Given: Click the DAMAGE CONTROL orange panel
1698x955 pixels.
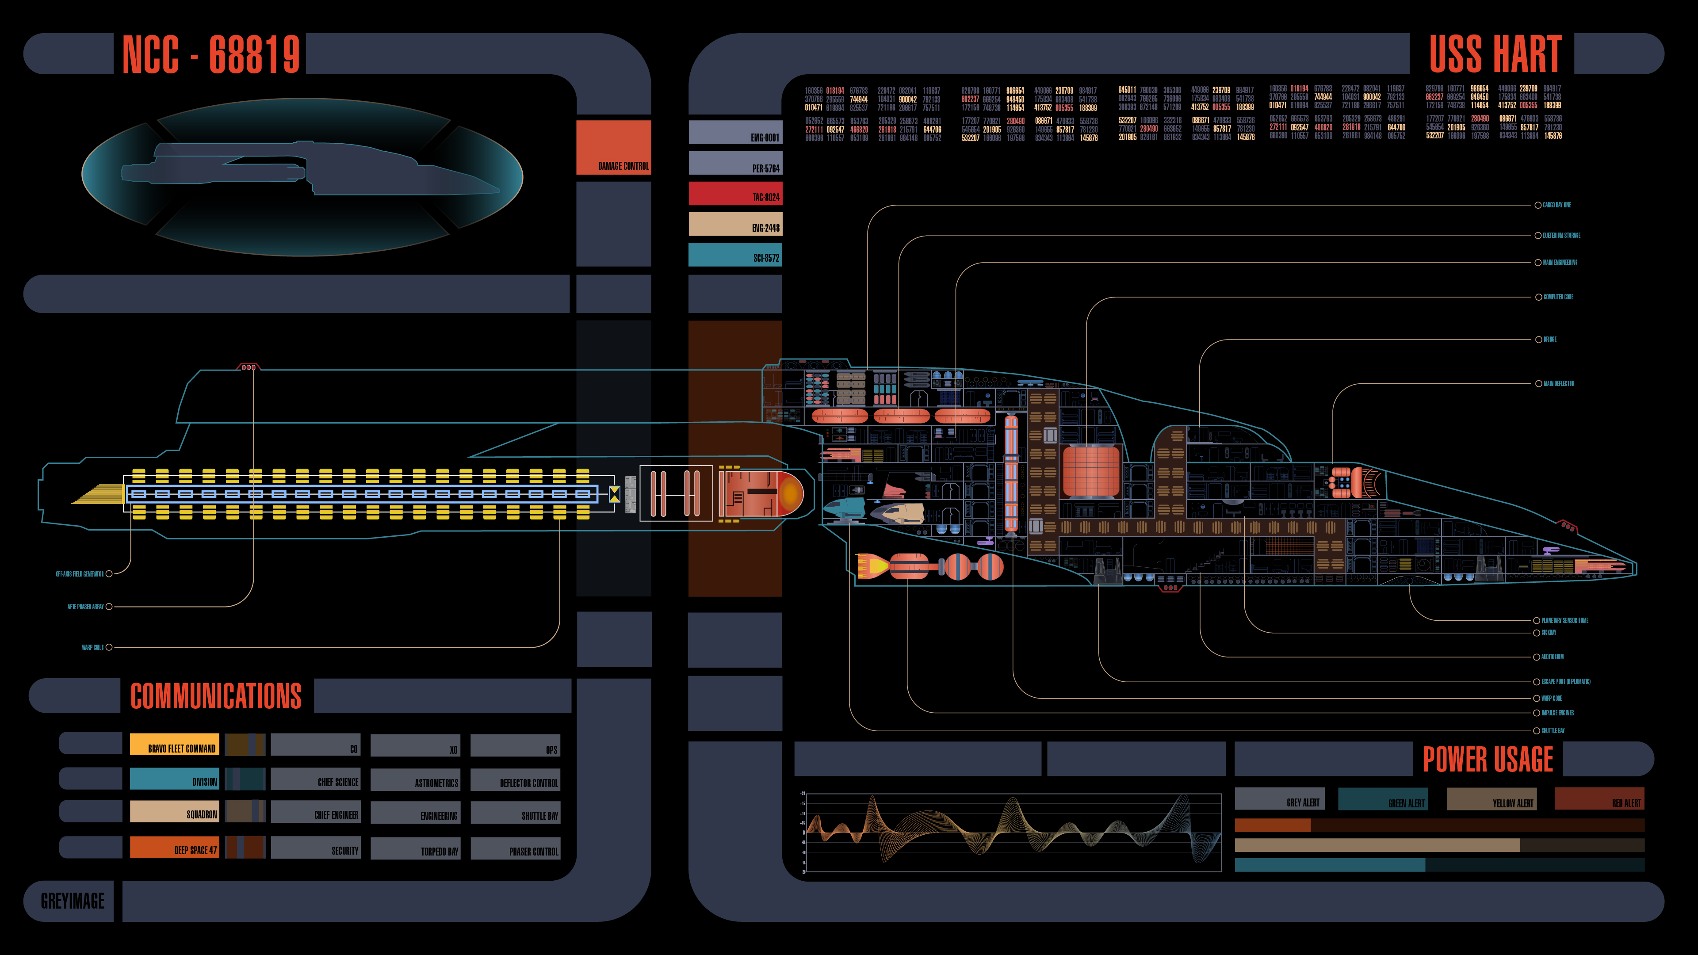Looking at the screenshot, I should pyautogui.click(x=613, y=148).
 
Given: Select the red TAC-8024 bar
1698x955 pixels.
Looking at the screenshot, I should pyautogui.click(x=735, y=194).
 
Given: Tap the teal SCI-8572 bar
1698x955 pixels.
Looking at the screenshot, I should pyautogui.click(x=735, y=255).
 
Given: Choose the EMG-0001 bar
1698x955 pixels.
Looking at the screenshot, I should pyautogui.click(x=735, y=133).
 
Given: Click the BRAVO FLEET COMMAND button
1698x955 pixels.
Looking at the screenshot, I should pyautogui.click(x=174, y=744).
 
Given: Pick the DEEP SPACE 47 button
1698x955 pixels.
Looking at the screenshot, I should pyautogui.click(x=174, y=847).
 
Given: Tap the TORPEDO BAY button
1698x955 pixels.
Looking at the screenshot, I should pyautogui.click(x=415, y=848).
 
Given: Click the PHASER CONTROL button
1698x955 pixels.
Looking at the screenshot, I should pyautogui.click(x=516, y=848).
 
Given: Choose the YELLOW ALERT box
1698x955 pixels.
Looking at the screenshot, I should pyautogui.click(x=1491, y=799).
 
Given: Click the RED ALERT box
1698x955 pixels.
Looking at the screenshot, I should pyautogui.click(x=1599, y=799).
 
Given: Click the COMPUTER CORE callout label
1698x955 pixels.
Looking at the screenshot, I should pyautogui.click(x=1558, y=297).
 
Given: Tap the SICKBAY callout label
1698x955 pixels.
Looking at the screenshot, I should pyautogui.click(x=1549, y=633).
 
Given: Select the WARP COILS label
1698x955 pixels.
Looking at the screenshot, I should pyautogui.click(x=92, y=647).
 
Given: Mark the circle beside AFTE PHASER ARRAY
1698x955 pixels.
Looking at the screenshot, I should pyautogui.click(x=109, y=606).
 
